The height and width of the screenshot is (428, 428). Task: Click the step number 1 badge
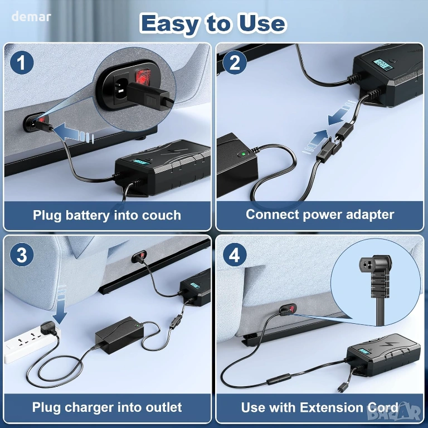click(x=22, y=62)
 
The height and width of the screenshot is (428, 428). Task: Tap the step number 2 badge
click(x=235, y=62)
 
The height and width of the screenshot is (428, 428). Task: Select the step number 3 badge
click(x=22, y=255)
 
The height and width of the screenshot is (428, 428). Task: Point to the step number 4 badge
click(x=235, y=255)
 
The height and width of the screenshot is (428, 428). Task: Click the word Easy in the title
click(x=170, y=24)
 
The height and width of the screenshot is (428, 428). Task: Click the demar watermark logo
click(x=31, y=17)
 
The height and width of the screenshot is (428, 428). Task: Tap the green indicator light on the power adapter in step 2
click(x=242, y=154)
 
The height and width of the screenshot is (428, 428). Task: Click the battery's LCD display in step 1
click(x=141, y=162)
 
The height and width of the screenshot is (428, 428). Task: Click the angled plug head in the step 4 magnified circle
click(x=376, y=267)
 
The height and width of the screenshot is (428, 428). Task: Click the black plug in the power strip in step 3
click(x=49, y=328)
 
